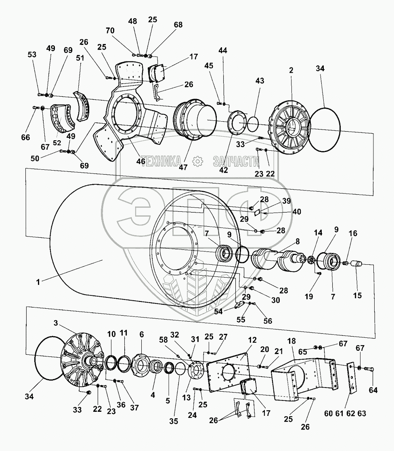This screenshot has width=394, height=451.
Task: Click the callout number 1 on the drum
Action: (x=38, y=282)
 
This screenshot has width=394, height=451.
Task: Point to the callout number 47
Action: (x=183, y=167)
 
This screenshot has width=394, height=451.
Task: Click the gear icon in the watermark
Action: (x=198, y=162)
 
